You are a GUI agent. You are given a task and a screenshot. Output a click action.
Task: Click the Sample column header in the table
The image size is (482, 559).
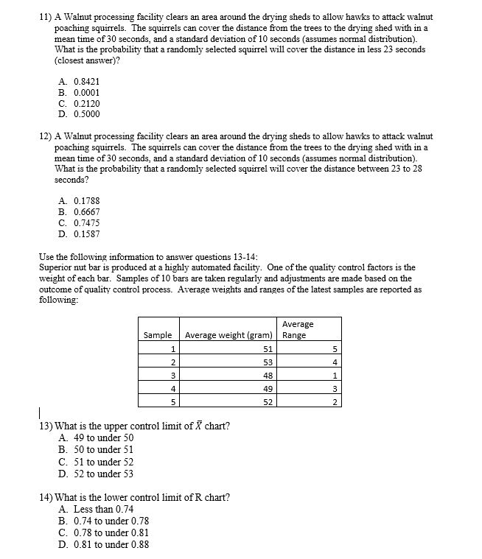tap(158, 335)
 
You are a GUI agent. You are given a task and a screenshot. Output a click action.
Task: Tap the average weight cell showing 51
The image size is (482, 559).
tap(268, 349)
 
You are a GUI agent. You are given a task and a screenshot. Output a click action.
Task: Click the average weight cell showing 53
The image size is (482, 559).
tap(268, 362)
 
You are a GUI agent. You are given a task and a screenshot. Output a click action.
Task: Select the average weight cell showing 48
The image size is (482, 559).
tap(268, 376)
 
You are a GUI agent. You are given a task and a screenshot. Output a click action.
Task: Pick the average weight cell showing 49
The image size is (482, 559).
tap(268, 388)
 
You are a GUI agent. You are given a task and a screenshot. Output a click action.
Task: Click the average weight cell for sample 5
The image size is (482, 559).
tap(268, 401)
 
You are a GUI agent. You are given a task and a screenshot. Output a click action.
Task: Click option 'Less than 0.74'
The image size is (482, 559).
tap(96, 509)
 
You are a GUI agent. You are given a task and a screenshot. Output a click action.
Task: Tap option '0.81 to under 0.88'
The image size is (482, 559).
tap(102, 544)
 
